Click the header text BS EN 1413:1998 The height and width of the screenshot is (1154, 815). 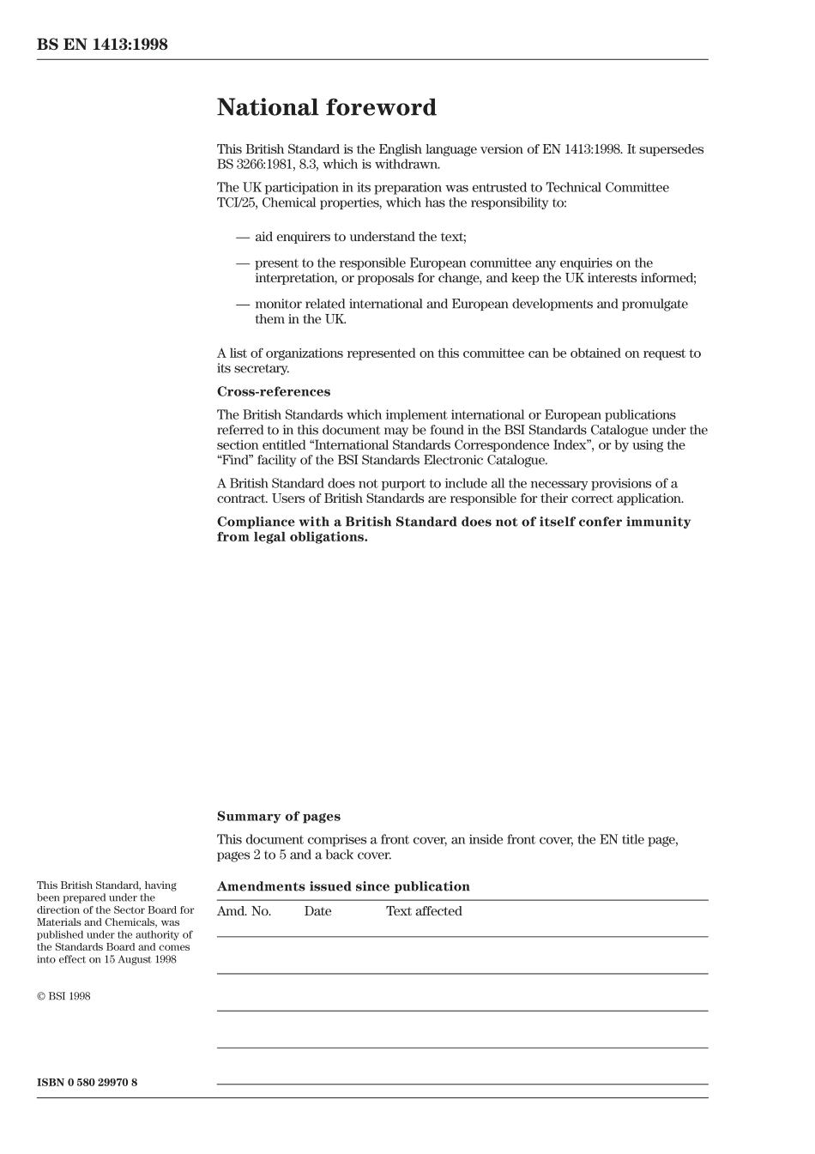pos(102,45)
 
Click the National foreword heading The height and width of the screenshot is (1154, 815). pos(326,108)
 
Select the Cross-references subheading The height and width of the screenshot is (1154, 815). pos(273,392)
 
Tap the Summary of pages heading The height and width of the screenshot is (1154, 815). pos(278,817)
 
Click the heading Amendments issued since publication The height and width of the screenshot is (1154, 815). pos(343,887)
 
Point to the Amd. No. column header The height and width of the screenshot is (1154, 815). pos(244,911)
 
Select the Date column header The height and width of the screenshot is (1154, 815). pos(317,911)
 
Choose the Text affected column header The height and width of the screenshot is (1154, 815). pos(424,911)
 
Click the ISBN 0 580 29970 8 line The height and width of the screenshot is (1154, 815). pos(87,1083)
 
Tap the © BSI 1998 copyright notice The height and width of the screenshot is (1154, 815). pos(63,997)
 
